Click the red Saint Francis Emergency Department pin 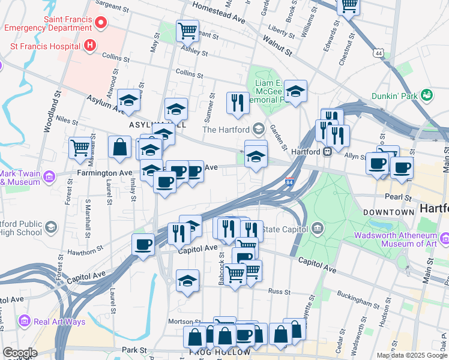(100, 23)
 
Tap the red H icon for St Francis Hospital (90, 45)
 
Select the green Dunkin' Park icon (427, 95)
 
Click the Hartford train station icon (328, 151)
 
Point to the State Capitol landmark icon (317, 229)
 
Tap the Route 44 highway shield (378, 53)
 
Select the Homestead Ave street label (219, 13)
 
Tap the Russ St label (279, 292)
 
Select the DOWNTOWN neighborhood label (388, 212)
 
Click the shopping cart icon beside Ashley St (187, 31)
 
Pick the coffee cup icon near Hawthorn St (143, 244)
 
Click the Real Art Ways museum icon (25, 322)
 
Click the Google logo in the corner (19, 353)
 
